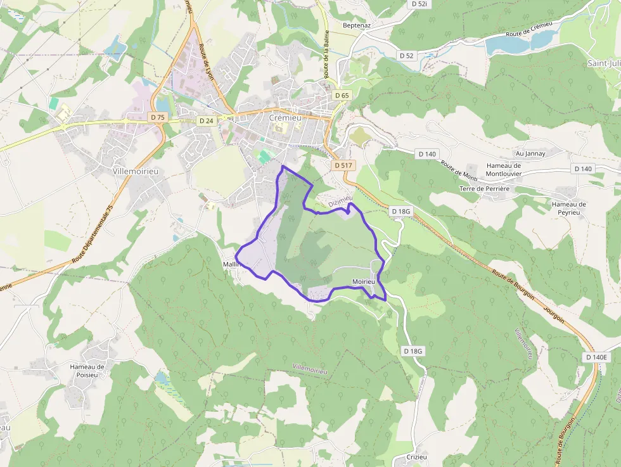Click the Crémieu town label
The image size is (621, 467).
[x=285, y=118]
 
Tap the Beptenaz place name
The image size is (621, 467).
[x=356, y=25]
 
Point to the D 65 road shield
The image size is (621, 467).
[x=342, y=96]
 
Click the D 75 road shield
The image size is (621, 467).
[x=157, y=117]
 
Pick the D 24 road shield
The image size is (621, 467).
[x=206, y=120]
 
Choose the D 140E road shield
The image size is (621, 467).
[x=596, y=357]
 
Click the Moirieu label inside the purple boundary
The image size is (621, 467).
[x=364, y=281]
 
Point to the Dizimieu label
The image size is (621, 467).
[x=340, y=201]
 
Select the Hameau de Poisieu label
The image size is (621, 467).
[x=87, y=371]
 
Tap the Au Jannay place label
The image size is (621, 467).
[x=530, y=153]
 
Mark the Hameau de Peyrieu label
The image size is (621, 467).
[x=568, y=208]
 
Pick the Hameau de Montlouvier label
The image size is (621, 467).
[x=503, y=169]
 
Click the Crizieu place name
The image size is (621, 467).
[x=416, y=457]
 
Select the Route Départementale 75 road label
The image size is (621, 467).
[x=93, y=234]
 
